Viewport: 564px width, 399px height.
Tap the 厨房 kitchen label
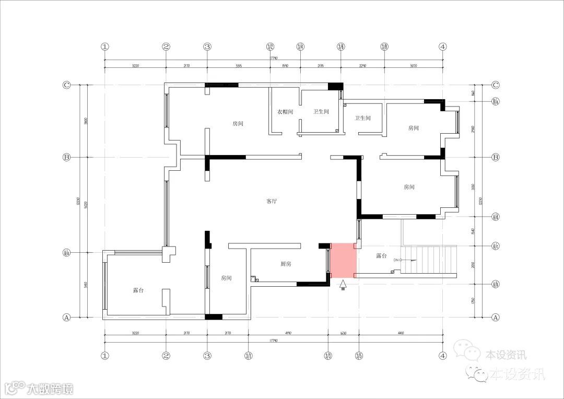click(x=286, y=264)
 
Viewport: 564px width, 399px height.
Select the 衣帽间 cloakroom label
click(x=285, y=112)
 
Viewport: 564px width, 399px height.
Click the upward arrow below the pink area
click(x=343, y=285)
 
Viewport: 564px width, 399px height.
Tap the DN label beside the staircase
click(x=396, y=260)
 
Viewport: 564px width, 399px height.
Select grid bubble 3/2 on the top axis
click(x=270, y=46)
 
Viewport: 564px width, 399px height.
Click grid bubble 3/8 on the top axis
click(x=384, y=46)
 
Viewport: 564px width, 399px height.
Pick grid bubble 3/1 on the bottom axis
click(x=249, y=356)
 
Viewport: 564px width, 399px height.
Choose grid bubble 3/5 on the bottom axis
click(x=359, y=356)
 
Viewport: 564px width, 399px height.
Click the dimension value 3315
click(x=239, y=66)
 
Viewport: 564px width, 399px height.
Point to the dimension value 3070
click(x=414, y=66)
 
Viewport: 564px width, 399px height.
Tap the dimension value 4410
click(x=401, y=333)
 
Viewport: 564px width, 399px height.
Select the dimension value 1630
click(x=343, y=333)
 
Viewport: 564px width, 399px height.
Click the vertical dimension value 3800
click(x=86, y=121)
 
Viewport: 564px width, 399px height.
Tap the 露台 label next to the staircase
click(x=382, y=256)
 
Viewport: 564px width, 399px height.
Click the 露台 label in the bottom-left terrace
click(x=138, y=290)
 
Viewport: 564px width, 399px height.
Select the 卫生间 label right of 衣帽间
click(x=321, y=112)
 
